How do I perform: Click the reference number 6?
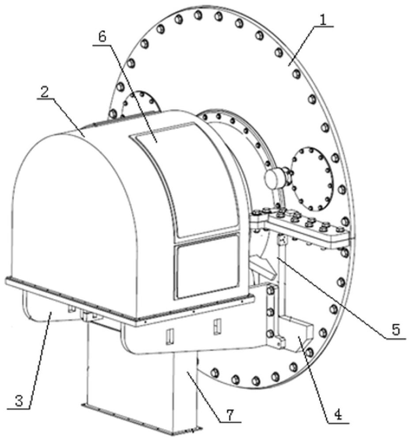[x=102, y=37]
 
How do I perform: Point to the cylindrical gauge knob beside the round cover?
[x=275, y=177]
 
